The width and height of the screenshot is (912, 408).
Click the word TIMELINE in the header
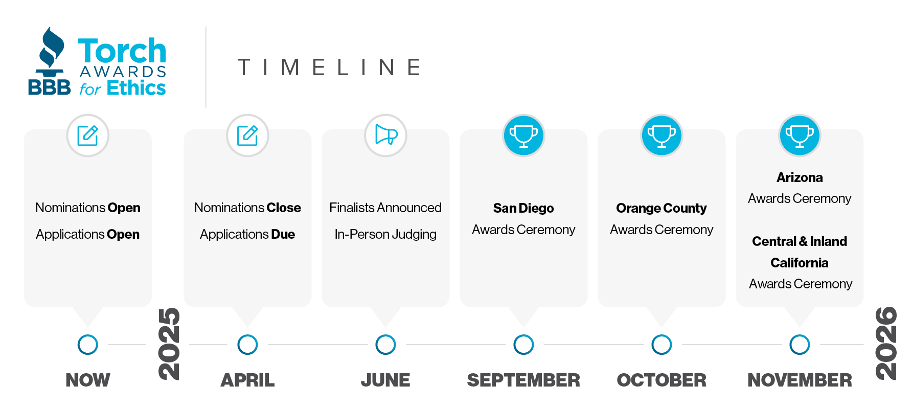(x=330, y=67)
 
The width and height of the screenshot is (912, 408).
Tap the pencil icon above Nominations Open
(x=88, y=135)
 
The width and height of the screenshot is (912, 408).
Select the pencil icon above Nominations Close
(x=247, y=135)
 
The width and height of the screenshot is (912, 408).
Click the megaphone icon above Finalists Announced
(x=386, y=135)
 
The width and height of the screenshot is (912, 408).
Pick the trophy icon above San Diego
(x=523, y=135)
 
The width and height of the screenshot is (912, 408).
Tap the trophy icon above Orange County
(x=662, y=135)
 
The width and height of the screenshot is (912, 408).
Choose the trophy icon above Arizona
(x=800, y=135)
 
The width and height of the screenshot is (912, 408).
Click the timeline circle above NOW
(x=88, y=345)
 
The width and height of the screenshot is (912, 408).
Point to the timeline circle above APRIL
(x=247, y=345)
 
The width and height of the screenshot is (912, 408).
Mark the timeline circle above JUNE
(x=385, y=345)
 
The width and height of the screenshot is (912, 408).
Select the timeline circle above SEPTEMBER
(x=523, y=345)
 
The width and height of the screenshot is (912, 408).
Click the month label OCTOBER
(x=662, y=380)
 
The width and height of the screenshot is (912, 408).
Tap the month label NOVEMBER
(x=800, y=380)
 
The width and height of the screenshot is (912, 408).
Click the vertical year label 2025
(x=169, y=344)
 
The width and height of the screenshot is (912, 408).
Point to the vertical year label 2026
(x=886, y=344)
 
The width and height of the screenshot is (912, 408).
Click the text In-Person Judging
(x=385, y=234)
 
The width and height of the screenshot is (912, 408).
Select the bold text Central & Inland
(x=800, y=241)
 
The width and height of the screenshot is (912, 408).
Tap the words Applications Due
(x=247, y=234)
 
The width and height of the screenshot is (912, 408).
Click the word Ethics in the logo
(x=136, y=88)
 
